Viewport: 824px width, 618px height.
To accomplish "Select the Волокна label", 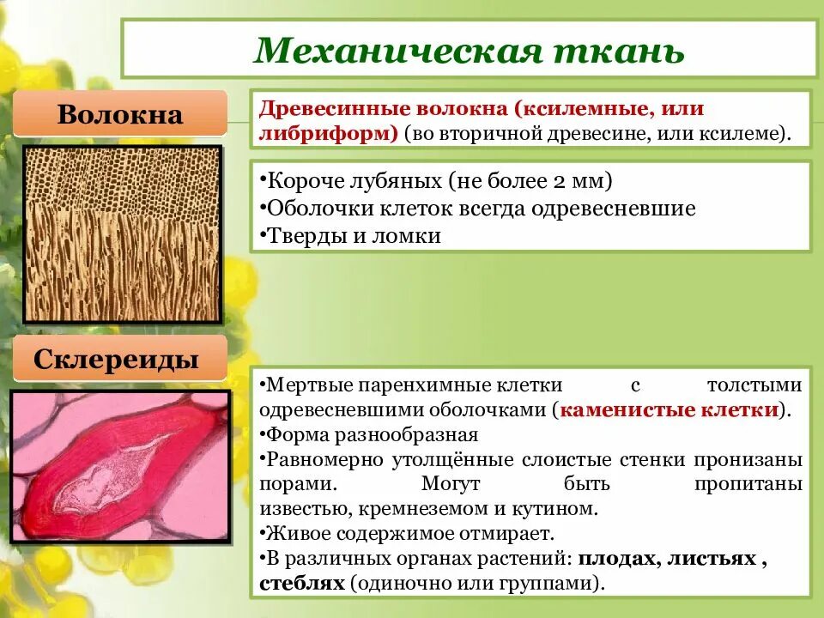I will click(120, 115).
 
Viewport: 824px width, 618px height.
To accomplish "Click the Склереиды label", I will click(121, 360).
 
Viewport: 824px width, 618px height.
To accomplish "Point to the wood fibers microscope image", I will click(122, 233).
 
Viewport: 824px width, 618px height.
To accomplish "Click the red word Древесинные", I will click(334, 109).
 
